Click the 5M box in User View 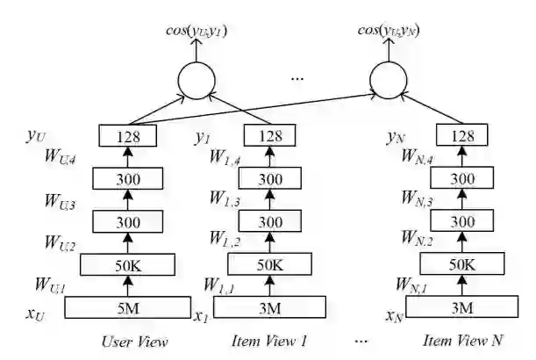(128, 307)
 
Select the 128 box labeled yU (128, 136)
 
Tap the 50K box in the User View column (128, 264)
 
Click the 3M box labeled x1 (269, 307)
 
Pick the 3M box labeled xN (461, 307)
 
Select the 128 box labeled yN (461, 136)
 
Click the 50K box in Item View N (461, 264)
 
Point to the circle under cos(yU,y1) (196, 82)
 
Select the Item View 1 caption (269, 342)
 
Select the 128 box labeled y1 (269, 136)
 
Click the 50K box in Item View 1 (269, 264)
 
